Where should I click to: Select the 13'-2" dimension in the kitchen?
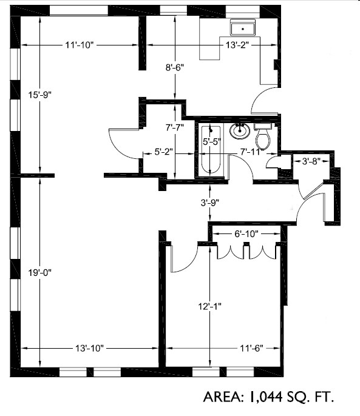(x=237, y=45)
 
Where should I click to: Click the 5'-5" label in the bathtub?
(x=210, y=142)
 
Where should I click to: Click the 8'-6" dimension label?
(x=175, y=69)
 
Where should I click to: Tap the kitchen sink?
(x=243, y=28)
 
